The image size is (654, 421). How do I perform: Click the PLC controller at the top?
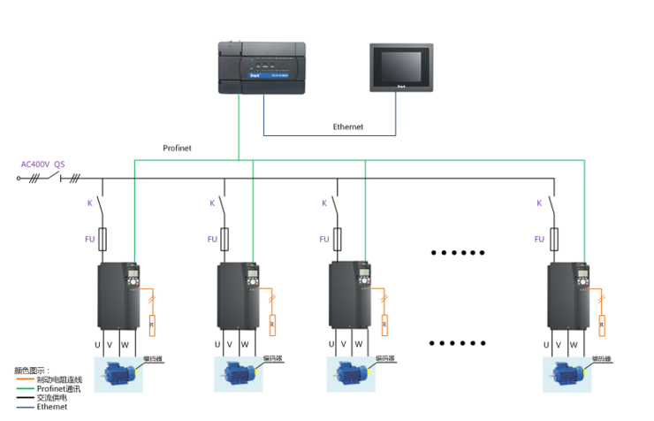265,67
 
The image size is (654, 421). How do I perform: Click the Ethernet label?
347,127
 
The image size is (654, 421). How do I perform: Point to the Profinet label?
178,148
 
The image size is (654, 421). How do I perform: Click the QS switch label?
59,165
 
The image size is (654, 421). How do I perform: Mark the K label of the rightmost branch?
539,203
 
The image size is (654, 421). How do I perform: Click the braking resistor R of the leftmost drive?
153,324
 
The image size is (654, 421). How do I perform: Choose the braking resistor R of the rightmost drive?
602,324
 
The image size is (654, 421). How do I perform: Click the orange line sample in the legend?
25,379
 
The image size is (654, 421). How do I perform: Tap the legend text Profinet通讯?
58,388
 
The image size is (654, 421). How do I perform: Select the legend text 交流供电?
52,397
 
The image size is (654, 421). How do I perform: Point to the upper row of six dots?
459,252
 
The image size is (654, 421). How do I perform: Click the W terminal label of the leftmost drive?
125,344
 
